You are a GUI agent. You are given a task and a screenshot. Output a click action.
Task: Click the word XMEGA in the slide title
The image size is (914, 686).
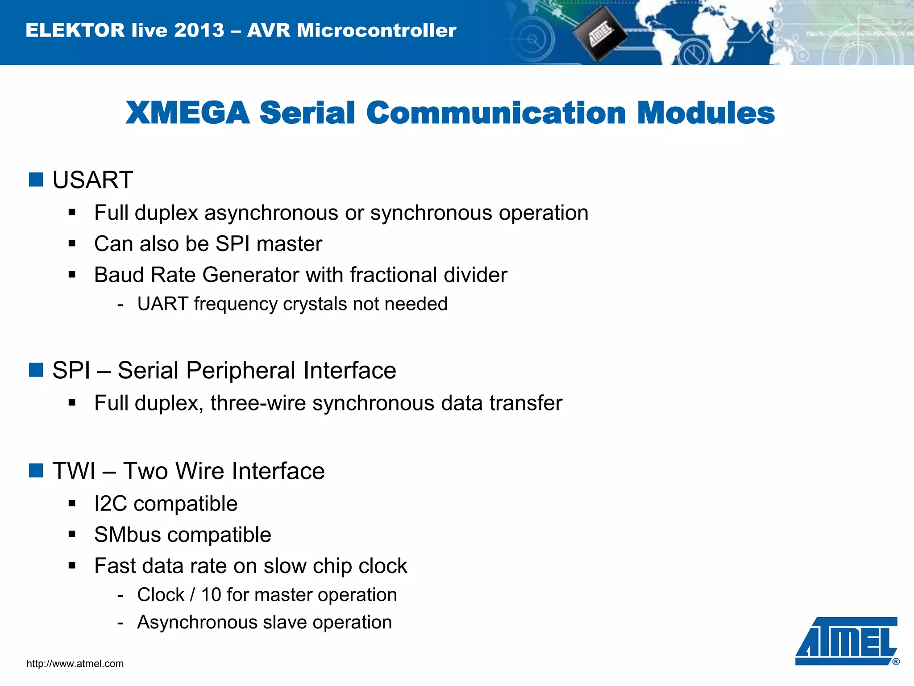click(187, 113)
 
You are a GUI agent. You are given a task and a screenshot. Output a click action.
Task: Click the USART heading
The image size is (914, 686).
click(92, 180)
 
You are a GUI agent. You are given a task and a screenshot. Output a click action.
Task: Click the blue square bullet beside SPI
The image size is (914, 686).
click(36, 370)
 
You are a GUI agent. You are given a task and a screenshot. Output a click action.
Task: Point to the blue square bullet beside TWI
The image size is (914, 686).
click(36, 470)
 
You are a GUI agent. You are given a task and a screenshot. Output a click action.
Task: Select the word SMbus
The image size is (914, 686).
click(127, 535)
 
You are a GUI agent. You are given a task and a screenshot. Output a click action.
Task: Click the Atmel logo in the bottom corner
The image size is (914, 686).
click(846, 641)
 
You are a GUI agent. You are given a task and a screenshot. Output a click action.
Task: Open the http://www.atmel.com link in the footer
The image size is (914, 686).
click(75, 664)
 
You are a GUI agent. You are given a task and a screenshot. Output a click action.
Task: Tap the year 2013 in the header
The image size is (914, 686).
click(199, 30)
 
